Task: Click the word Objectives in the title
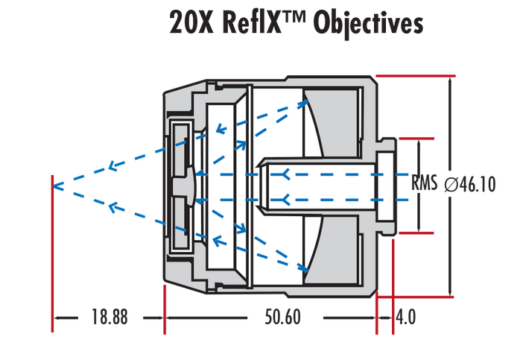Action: click(x=369, y=23)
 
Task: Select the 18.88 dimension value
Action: click(x=110, y=318)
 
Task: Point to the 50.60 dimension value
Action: click(x=282, y=318)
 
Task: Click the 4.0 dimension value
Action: click(x=406, y=318)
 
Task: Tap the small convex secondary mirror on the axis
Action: click(x=192, y=184)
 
